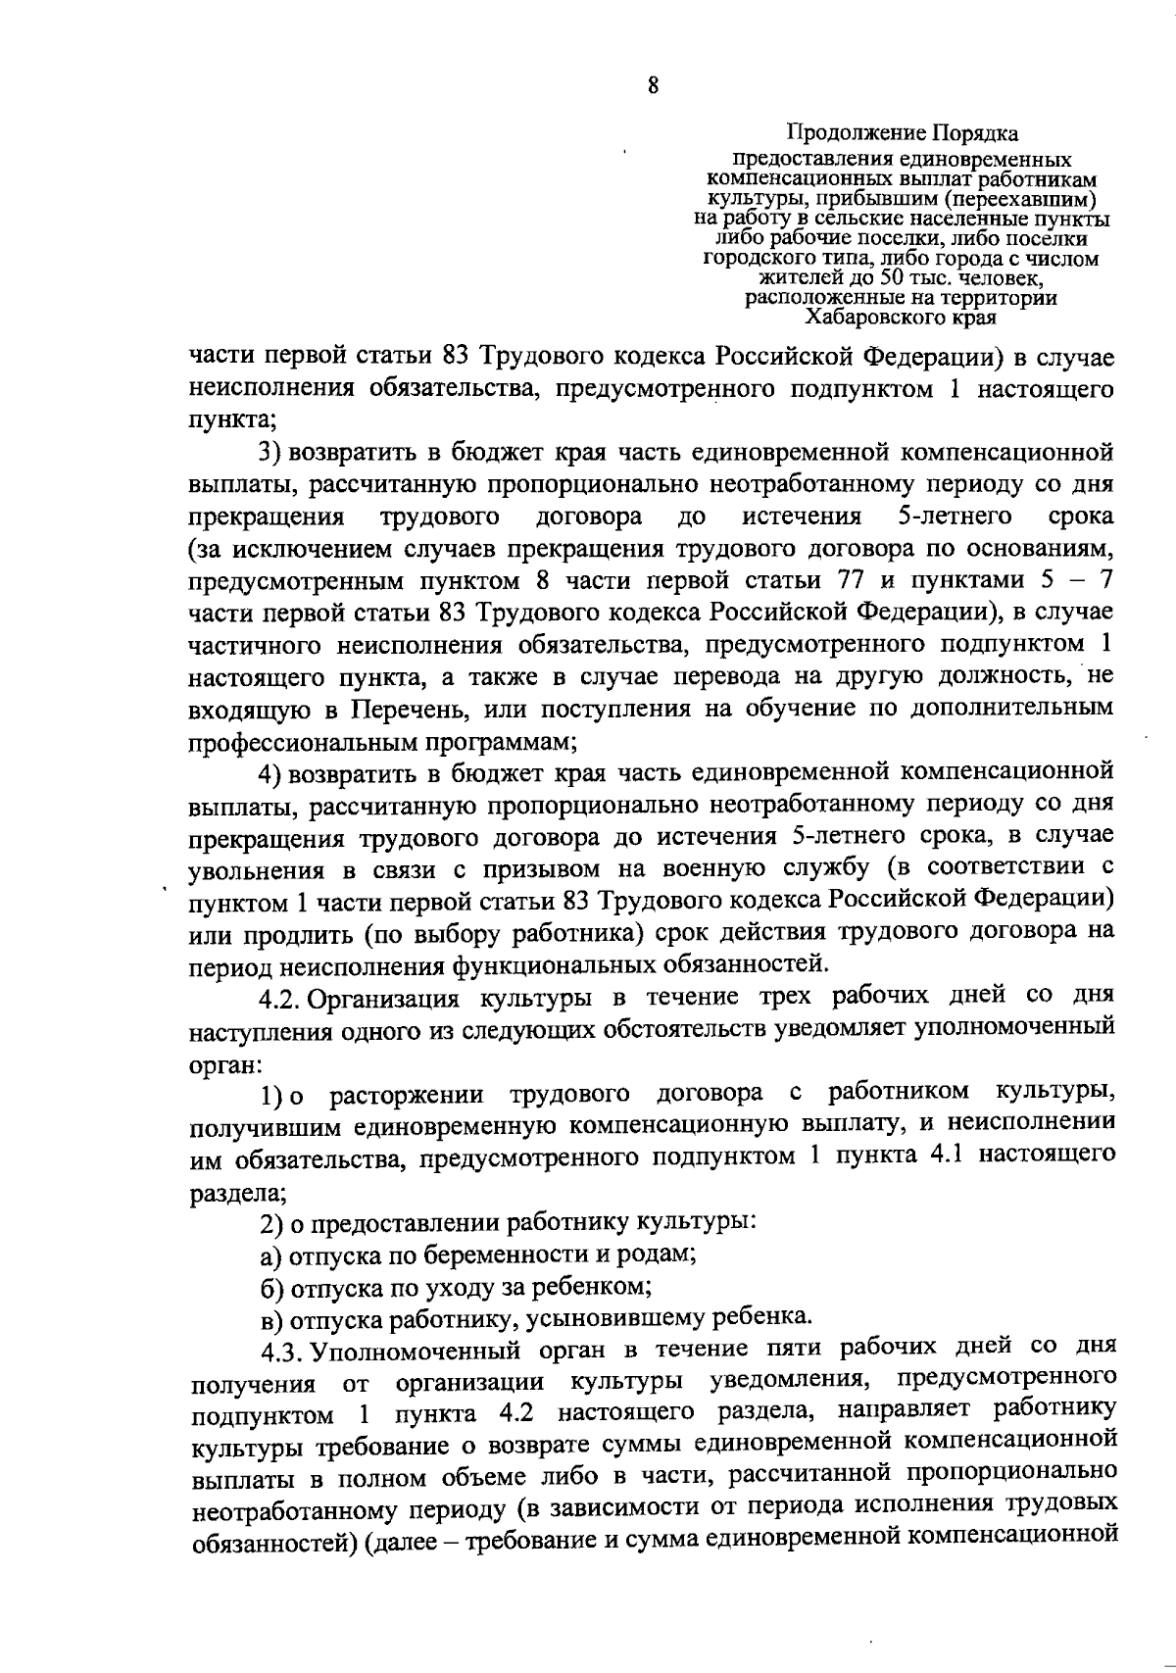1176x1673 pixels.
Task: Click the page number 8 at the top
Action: point(654,85)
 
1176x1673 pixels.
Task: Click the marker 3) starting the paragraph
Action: point(269,452)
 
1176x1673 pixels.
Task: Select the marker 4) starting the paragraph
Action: point(269,772)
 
